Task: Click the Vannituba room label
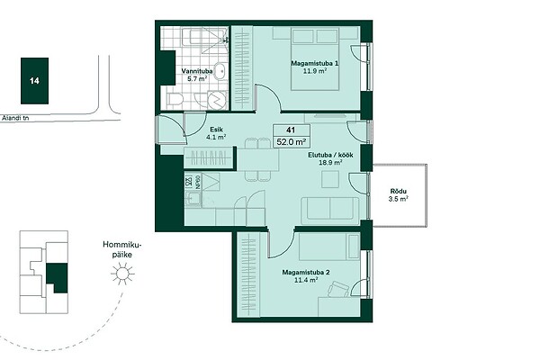tap(197, 71)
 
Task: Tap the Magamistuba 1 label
tap(314, 63)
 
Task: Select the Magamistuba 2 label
tap(306, 273)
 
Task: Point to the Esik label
tap(216, 130)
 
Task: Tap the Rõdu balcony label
tap(399, 191)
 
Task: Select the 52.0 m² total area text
tap(292, 141)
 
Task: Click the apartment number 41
tap(291, 130)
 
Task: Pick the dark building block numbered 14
tap(34, 81)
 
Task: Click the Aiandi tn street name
tap(15, 118)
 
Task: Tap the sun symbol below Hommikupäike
tap(122, 274)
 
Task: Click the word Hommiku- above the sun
tap(122, 245)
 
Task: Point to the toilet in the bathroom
tap(175, 99)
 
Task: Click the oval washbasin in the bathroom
tap(220, 72)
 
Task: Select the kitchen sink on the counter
tap(193, 199)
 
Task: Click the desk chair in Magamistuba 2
tap(338, 288)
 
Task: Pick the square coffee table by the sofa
tap(330, 179)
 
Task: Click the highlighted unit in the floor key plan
tap(57, 278)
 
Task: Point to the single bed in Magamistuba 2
tap(329, 247)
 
